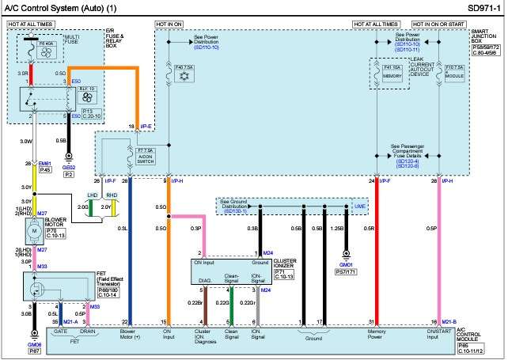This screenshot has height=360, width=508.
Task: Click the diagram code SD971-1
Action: (483, 7)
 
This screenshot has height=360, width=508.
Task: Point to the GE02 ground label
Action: (68, 167)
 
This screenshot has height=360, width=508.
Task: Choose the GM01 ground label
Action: (345, 265)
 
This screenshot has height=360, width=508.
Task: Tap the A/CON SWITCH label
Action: (144, 156)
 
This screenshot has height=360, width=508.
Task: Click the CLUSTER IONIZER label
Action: (285, 263)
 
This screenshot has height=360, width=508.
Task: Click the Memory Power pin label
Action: (377, 335)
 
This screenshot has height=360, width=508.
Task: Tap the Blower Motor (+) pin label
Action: (129, 335)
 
